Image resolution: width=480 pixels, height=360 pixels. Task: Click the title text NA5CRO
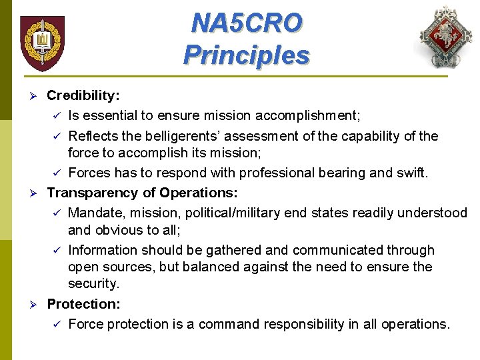246,23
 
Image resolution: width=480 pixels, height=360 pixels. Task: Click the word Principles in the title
246,55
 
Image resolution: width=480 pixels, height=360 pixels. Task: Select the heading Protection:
83,304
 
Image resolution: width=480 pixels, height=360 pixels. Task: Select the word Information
102,250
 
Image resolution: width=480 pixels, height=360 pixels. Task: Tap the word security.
95,284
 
